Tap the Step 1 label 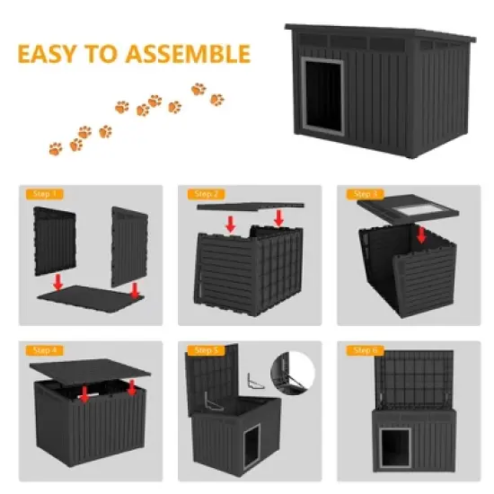tap(44, 194)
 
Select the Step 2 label tap(204, 194)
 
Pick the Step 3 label tap(366, 194)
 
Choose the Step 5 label tap(204, 350)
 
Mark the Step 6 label tap(366, 350)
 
